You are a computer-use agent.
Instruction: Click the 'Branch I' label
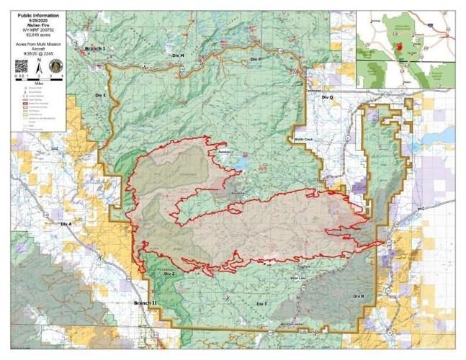[x=94, y=48]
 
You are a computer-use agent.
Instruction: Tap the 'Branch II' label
[x=145, y=304]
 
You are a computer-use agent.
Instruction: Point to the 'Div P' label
[x=254, y=58]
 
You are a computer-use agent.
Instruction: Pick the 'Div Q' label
[x=328, y=96]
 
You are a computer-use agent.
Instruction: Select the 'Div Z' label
[x=169, y=274]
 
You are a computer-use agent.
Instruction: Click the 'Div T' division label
[x=261, y=305]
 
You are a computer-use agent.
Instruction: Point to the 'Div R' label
[x=358, y=297]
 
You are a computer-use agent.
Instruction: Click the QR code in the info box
[x=22, y=66]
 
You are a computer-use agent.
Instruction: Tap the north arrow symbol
[x=40, y=66]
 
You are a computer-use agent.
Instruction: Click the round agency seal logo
[x=56, y=66]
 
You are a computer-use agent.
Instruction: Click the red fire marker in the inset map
[x=398, y=45]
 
